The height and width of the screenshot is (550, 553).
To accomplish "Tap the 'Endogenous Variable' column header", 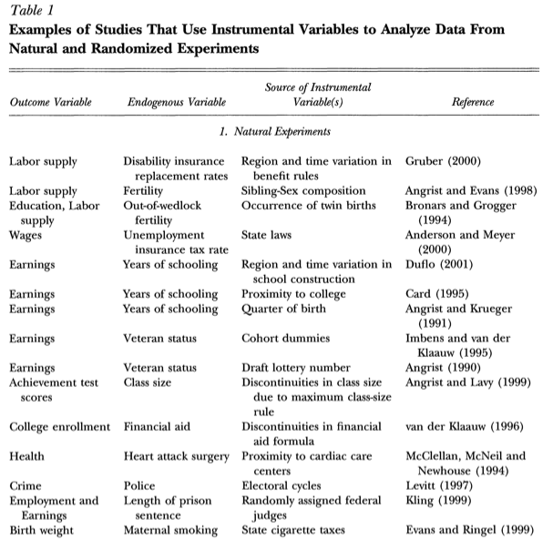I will click(x=174, y=102).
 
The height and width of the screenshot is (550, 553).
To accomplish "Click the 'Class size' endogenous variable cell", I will click(x=148, y=382).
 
